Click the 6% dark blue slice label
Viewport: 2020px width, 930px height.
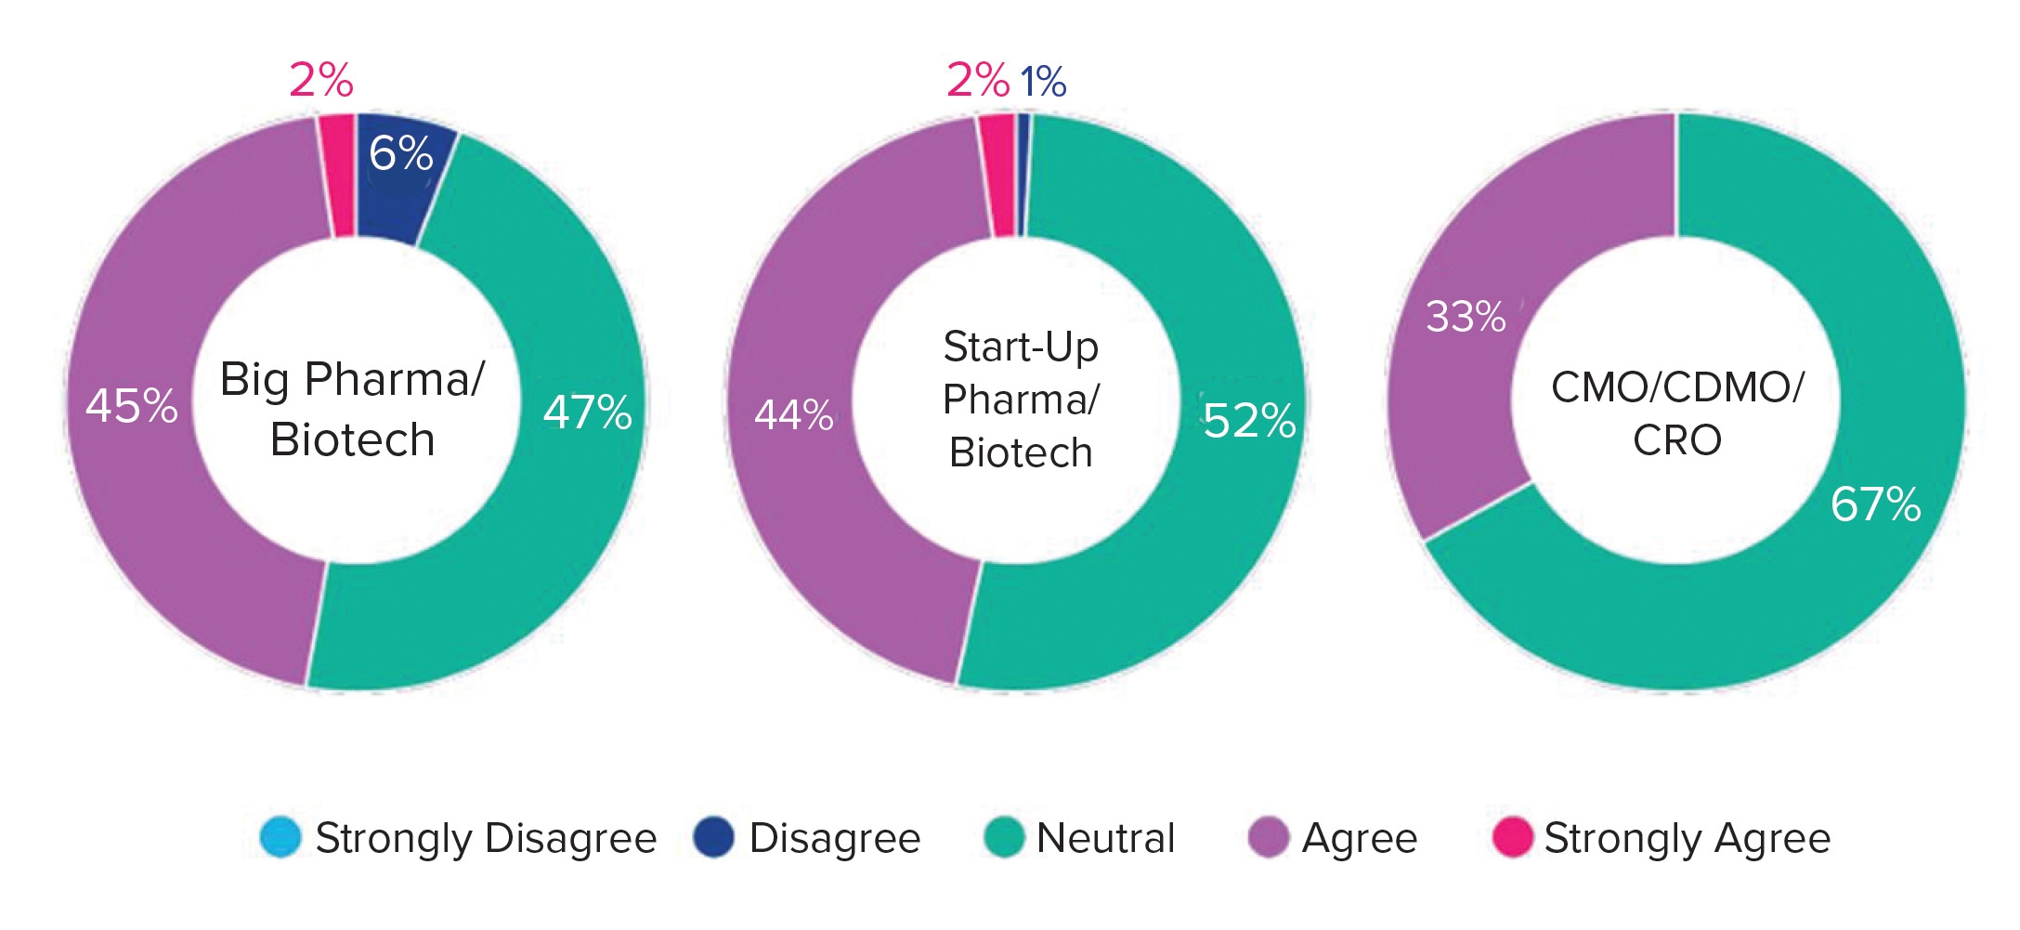400,154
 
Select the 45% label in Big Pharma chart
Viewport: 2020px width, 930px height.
132,406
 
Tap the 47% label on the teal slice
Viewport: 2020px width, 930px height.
587,413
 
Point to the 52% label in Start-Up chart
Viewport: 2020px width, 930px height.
1249,421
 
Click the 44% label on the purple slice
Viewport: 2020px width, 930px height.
793,415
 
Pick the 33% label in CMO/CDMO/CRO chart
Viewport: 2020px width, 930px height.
1466,317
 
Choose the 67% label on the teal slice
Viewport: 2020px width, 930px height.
1875,504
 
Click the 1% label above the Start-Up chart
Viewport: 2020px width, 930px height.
1043,82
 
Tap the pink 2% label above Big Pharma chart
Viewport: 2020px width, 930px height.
321,80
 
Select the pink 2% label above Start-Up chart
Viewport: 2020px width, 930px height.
977,80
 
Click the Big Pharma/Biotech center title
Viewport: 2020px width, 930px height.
352,409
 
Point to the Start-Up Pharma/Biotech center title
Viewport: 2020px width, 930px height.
1021,400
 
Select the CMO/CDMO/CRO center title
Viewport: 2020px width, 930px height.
1677,413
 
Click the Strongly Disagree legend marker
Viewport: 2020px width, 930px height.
280,837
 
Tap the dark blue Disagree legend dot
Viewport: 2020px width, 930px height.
713,837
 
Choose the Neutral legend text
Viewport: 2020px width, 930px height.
1105,838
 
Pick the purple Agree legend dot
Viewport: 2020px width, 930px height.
1269,837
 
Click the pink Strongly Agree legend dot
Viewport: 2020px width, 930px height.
1511,837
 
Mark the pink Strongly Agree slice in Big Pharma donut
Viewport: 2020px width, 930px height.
338,177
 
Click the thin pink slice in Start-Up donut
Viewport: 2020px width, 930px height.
998,177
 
